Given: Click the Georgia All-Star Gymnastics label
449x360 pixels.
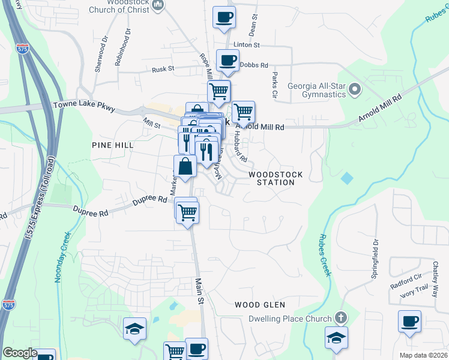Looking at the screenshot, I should point(316,89).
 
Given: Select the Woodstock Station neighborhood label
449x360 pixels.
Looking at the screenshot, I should point(276,178).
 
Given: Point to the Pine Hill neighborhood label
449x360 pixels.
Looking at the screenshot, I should point(113,145).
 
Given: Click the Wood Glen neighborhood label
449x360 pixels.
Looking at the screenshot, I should point(259,305).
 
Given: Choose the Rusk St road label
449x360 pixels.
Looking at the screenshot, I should point(163,69).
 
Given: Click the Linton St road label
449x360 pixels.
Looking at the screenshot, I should point(246,45).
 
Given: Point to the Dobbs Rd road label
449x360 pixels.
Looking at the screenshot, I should point(253,65).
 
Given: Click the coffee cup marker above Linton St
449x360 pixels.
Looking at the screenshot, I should point(224,19).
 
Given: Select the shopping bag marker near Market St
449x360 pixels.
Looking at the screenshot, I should point(185,166).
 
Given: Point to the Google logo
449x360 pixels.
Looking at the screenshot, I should point(20,353).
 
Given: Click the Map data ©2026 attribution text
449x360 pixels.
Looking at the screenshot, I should point(423,355).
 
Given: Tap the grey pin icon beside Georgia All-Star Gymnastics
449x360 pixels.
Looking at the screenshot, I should point(355,90).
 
